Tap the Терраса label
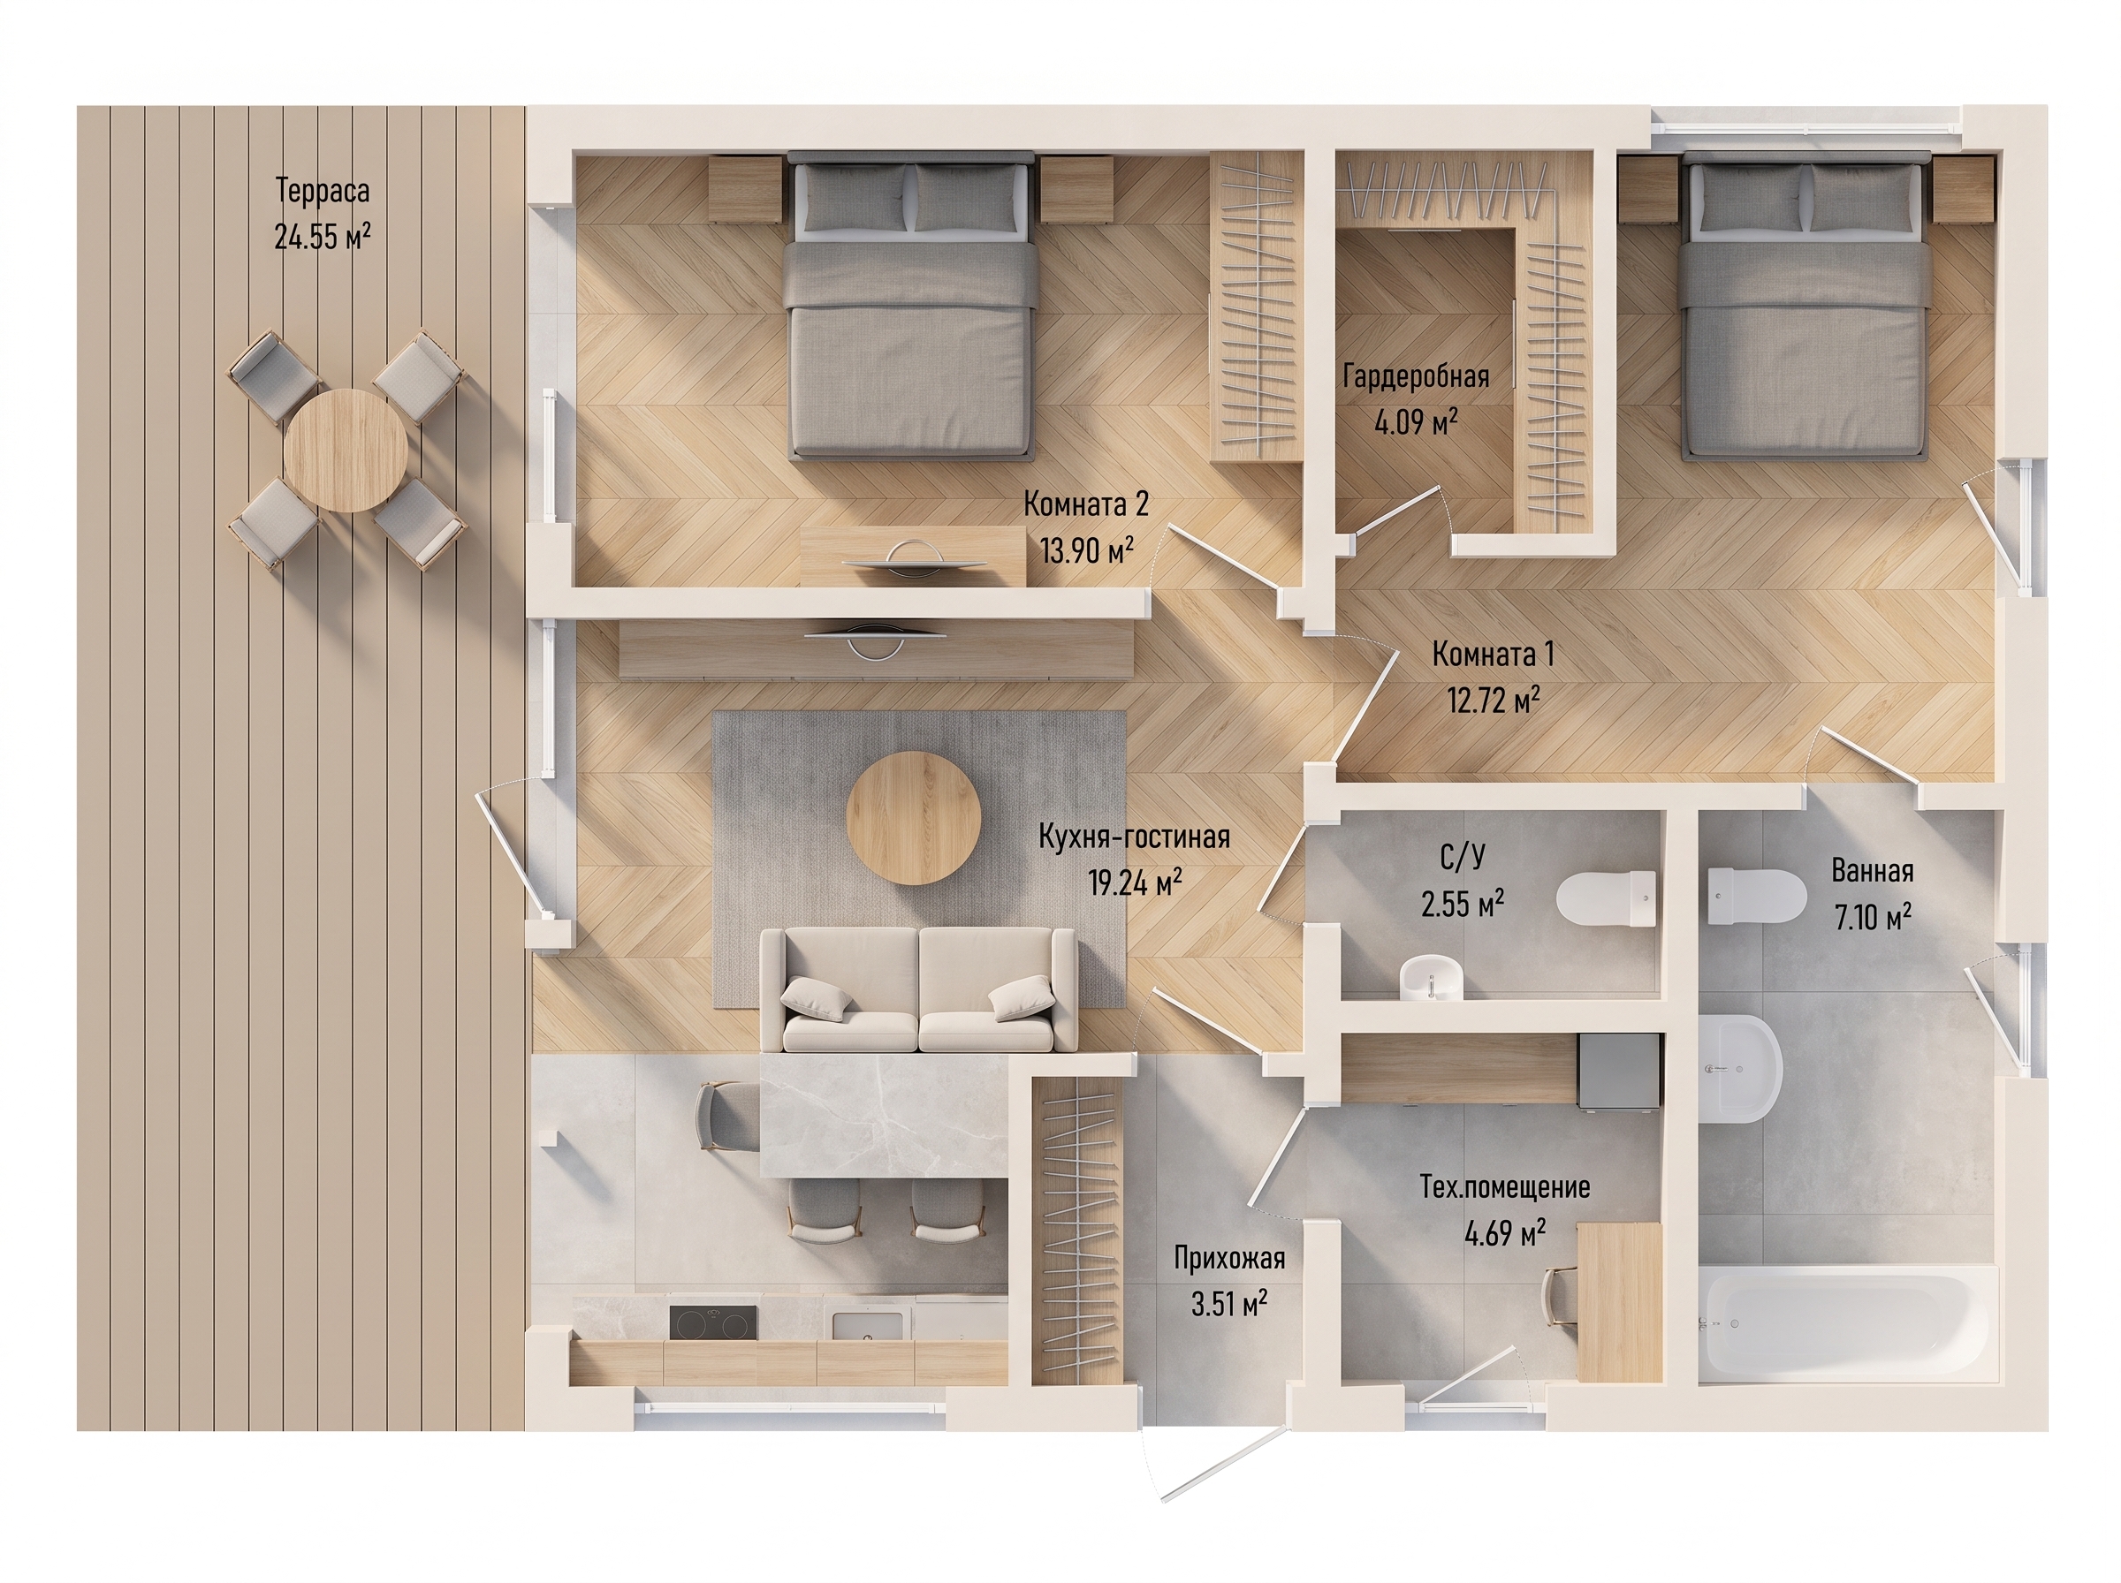pyautogui.click(x=323, y=191)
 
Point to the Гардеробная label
pyautogui.click(x=1416, y=376)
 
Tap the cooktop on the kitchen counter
pyautogui.click(x=712, y=1323)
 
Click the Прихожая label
pyautogui.click(x=1229, y=1257)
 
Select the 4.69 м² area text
pyautogui.click(x=1505, y=1233)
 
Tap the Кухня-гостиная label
pyautogui.click(x=1135, y=837)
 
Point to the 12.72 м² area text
pyautogui.click(x=1494, y=701)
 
